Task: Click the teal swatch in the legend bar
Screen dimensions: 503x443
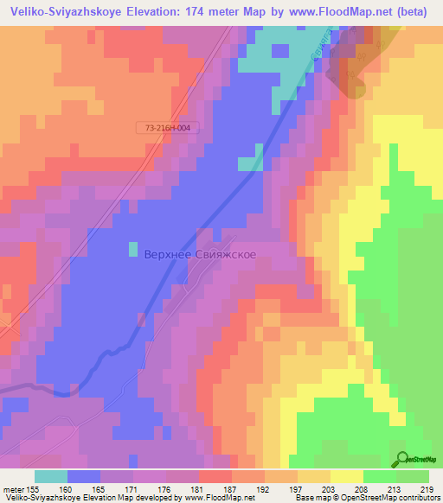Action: (51, 476)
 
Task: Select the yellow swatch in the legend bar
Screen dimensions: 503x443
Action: (346, 476)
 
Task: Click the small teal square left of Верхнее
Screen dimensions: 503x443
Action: (133, 249)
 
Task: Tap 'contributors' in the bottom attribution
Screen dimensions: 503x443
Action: (418, 498)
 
